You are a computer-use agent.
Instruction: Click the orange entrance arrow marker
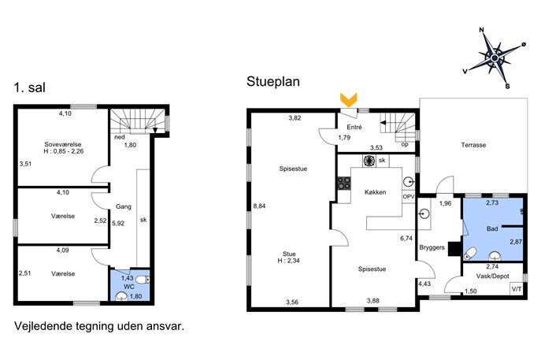click(x=349, y=99)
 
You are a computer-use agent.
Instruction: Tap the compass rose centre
click(x=495, y=58)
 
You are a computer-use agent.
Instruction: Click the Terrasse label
click(x=473, y=145)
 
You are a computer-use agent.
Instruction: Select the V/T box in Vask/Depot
click(x=517, y=289)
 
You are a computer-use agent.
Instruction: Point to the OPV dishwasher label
click(x=409, y=196)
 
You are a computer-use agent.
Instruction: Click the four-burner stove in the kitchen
click(x=343, y=184)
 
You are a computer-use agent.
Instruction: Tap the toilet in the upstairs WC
click(x=143, y=279)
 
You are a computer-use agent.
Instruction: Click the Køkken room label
click(x=375, y=192)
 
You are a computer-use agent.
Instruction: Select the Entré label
click(x=354, y=127)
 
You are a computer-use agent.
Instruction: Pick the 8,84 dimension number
click(x=259, y=206)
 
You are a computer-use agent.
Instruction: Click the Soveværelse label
click(x=63, y=144)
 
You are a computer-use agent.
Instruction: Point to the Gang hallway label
click(x=124, y=206)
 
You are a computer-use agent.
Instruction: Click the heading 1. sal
click(x=30, y=87)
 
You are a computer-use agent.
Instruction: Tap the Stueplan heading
click(x=273, y=82)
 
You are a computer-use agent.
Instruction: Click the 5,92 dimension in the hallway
click(x=118, y=223)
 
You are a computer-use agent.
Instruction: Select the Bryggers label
click(x=432, y=248)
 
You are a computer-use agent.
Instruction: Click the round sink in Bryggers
click(x=424, y=214)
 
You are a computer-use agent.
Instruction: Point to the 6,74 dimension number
click(x=406, y=238)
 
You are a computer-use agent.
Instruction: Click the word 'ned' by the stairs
click(x=120, y=137)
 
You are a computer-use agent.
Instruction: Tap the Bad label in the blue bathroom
click(x=492, y=228)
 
